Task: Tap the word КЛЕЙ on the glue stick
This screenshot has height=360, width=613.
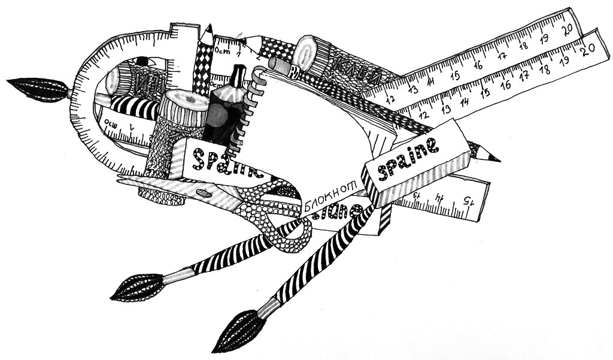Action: click(351, 71)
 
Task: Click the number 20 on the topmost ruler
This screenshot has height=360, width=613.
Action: click(569, 28)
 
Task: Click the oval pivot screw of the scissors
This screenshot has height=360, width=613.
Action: click(204, 193)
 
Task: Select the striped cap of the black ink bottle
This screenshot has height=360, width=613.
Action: click(238, 75)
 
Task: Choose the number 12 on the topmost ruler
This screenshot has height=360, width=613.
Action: click(390, 100)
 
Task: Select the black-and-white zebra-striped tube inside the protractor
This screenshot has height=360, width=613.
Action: click(135, 107)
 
